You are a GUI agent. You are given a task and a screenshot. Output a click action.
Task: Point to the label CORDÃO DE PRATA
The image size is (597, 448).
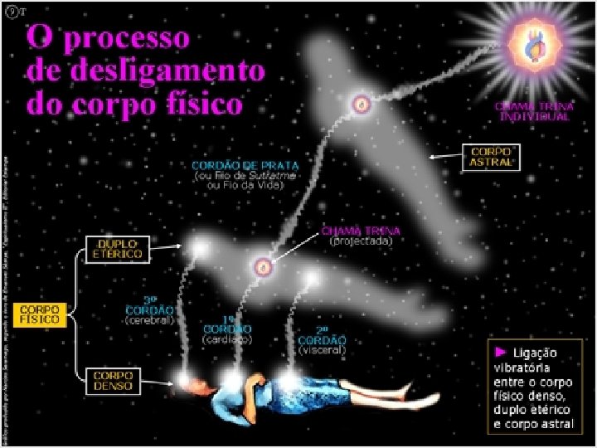pos(245,164)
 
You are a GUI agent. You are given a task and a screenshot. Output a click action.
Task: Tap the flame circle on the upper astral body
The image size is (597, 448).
pos(361,105)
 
